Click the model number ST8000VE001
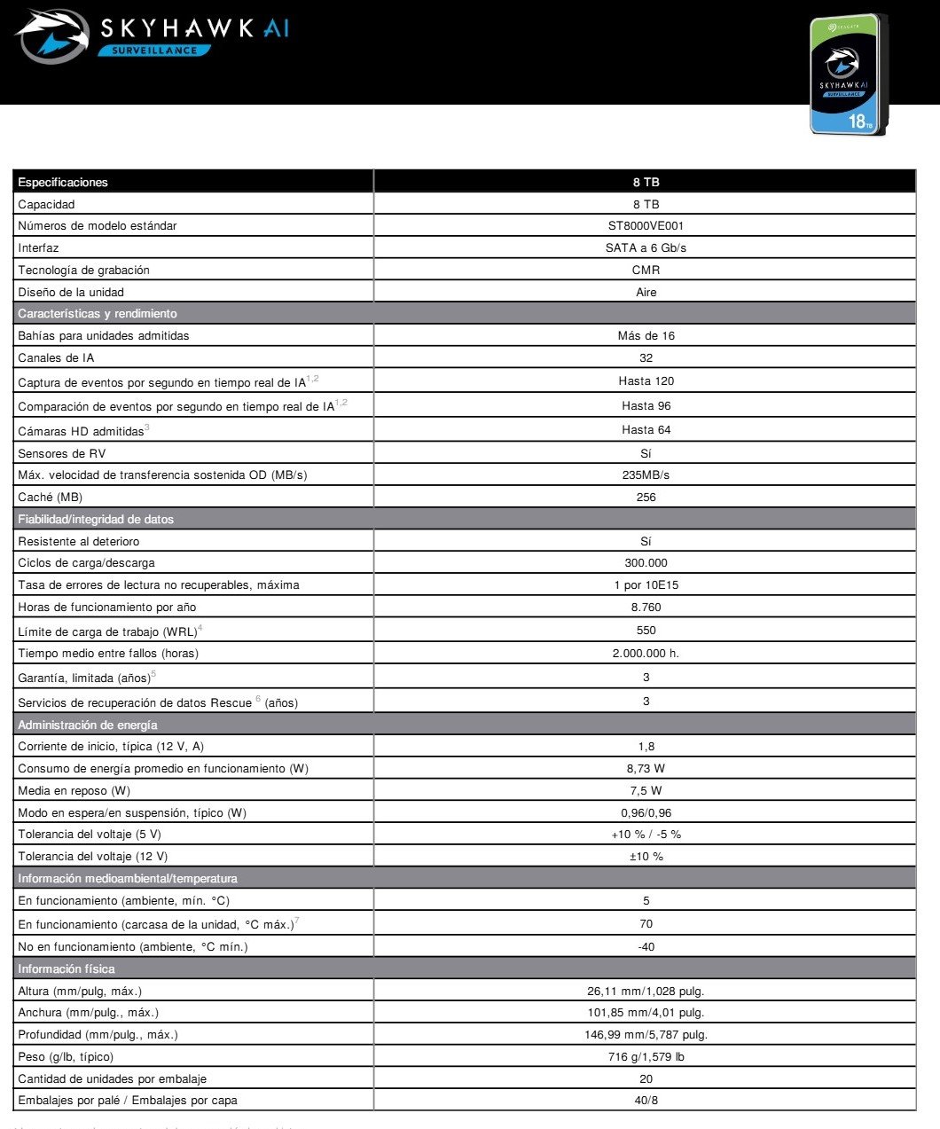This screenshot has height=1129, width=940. click(x=646, y=226)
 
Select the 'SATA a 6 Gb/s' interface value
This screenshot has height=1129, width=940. click(x=646, y=248)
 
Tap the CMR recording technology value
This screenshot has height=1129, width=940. click(x=646, y=270)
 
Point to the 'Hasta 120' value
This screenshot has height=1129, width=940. click(x=646, y=381)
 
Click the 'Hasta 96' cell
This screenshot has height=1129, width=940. click(x=646, y=406)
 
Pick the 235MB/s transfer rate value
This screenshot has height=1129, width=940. click(x=646, y=475)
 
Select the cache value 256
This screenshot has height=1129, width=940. click(x=646, y=498)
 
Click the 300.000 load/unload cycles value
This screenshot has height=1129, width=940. click(x=646, y=563)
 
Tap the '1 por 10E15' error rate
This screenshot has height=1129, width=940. click(x=646, y=585)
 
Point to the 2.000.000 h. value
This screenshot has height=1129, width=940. click(x=646, y=654)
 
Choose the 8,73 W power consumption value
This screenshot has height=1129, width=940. click(x=646, y=769)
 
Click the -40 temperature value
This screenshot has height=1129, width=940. click(x=646, y=947)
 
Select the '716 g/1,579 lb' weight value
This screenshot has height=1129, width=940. click(x=646, y=1057)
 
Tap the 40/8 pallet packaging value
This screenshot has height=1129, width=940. click(x=646, y=1101)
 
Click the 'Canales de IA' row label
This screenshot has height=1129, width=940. click(x=56, y=358)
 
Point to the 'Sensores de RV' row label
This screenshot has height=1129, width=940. click(x=61, y=454)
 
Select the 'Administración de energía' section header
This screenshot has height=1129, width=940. click(x=88, y=725)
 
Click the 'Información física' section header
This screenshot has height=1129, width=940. click(x=67, y=969)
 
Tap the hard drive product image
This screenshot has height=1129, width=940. click(x=849, y=74)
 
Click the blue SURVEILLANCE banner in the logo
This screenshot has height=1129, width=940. click(x=155, y=51)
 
